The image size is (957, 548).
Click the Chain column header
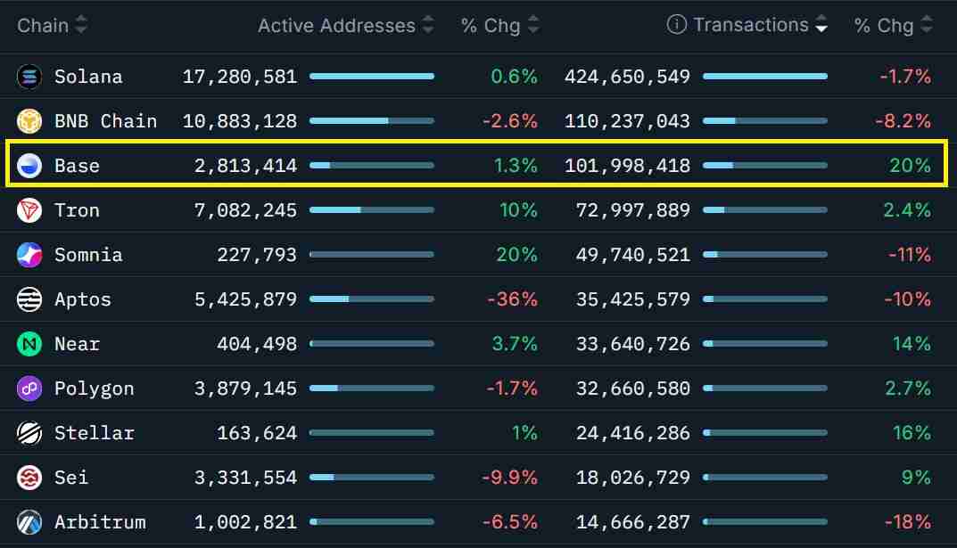point(43,25)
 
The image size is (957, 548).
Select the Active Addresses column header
point(336,26)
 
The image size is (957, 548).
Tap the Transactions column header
point(750,25)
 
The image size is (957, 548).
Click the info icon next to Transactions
point(677,25)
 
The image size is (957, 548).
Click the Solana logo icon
point(29,77)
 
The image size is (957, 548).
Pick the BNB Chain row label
point(105,121)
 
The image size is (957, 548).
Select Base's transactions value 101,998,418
point(627,166)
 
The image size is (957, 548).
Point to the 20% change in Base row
point(910,166)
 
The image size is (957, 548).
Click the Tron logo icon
point(29,210)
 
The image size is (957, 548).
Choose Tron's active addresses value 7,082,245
point(245,210)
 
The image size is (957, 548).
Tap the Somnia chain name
point(87,255)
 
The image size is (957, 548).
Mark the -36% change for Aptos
point(512,299)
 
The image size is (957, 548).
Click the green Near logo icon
point(29,344)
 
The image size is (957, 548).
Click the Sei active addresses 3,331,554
point(245,478)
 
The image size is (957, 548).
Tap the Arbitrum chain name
point(99,522)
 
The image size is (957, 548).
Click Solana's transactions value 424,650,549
point(627,77)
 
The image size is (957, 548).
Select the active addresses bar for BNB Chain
point(371,121)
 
